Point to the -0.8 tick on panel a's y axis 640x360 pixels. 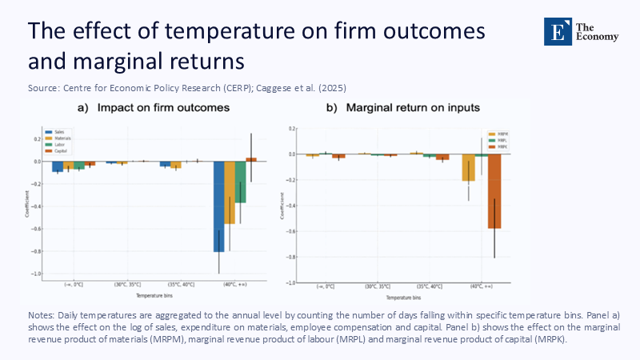point(38,251)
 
